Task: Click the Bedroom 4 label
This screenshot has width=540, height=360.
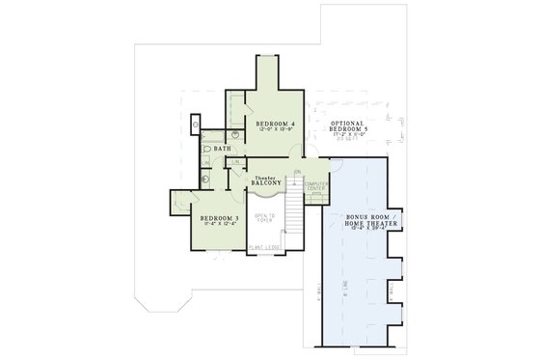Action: click(275, 125)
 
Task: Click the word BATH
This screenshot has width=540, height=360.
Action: click(222, 149)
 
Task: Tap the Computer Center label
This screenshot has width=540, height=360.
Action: click(316, 185)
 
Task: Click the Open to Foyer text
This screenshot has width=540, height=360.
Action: click(265, 217)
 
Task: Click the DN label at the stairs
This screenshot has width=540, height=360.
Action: click(297, 174)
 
